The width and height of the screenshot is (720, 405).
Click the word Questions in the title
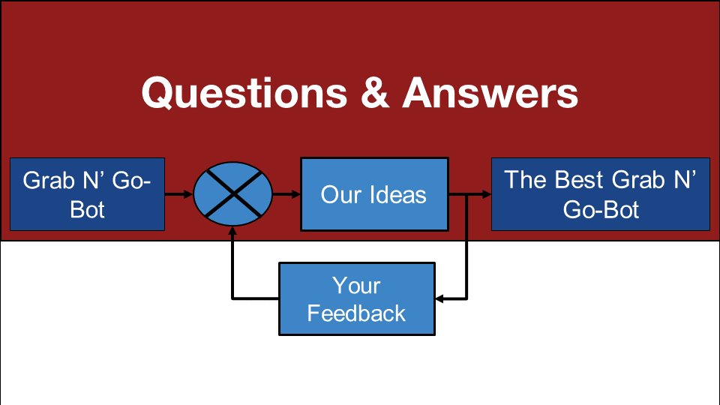point(244,93)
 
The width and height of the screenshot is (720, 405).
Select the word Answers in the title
point(490,93)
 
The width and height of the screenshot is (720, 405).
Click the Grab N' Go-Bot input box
point(87,194)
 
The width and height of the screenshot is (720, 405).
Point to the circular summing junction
point(232,193)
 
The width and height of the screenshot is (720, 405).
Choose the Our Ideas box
point(374,194)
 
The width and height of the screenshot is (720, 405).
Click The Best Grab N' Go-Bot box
point(601,194)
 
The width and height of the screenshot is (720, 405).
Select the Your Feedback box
point(357,299)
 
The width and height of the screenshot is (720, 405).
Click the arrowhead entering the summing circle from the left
point(188,194)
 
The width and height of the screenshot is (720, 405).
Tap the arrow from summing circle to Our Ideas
point(286,194)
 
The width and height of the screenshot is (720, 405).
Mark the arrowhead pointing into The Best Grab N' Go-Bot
point(487,194)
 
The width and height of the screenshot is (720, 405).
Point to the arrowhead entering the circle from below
point(232,231)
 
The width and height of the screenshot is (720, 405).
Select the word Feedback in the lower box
point(356,313)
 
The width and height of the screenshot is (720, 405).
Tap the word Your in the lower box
point(356,286)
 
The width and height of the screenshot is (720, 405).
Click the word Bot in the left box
point(87,210)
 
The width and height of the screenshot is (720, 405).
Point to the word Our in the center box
point(341,194)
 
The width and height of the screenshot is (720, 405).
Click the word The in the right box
point(526,179)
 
